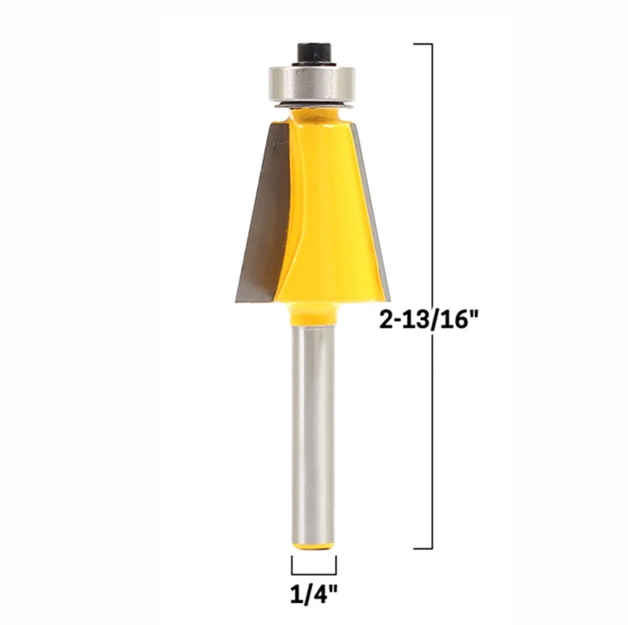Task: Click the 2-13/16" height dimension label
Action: click(x=429, y=320)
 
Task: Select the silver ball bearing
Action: click(x=312, y=85)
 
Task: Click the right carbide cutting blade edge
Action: click(x=371, y=209)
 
